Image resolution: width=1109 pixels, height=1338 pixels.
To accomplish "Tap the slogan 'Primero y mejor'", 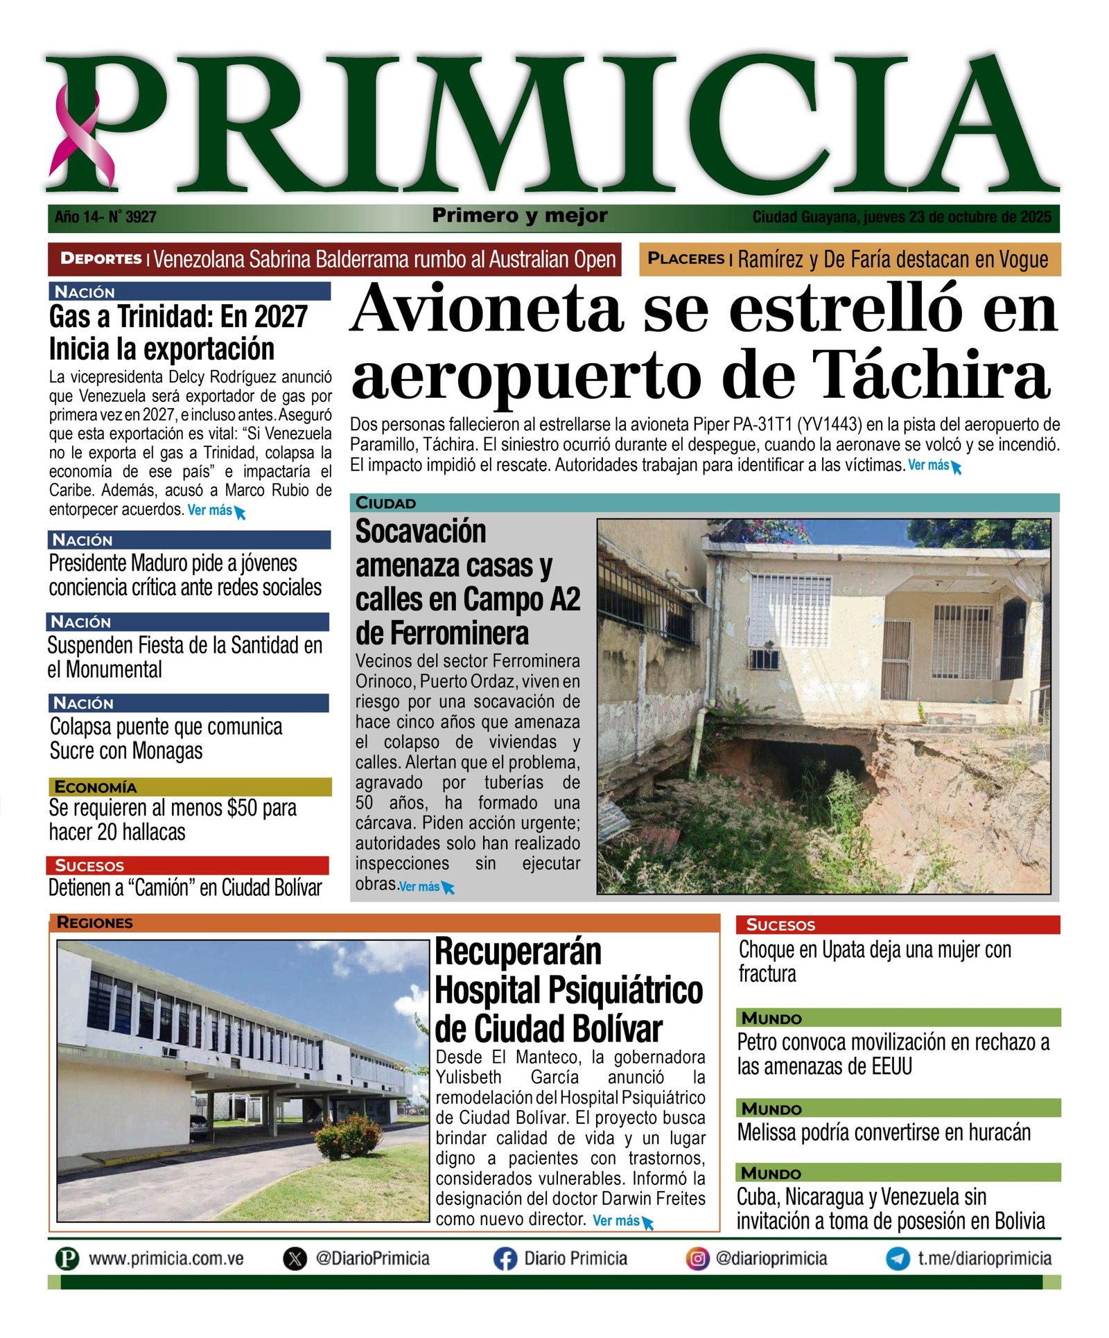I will coord(520,216).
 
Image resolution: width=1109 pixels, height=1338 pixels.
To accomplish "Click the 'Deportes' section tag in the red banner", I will coord(101,259).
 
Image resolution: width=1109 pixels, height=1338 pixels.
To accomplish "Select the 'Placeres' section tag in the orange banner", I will coord(686,259).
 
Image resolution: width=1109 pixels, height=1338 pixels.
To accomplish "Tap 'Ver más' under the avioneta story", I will coord(929,466).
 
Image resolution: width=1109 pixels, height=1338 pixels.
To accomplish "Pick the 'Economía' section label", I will coord(96,787).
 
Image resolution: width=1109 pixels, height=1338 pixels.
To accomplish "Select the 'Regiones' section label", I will coord(94,923).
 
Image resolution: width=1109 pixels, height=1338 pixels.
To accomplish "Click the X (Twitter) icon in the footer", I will coord(295,1259).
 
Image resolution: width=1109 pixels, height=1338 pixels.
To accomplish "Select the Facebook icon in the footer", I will coord(505,1259).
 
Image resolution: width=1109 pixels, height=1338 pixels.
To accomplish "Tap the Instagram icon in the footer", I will coord(697,1258).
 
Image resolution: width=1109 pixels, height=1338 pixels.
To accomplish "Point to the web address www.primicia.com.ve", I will coord(166,1259).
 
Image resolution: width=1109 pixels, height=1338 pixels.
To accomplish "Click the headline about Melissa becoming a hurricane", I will coord(884,1132).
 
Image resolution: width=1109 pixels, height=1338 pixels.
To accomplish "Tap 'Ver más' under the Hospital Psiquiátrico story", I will coord(616,1221).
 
